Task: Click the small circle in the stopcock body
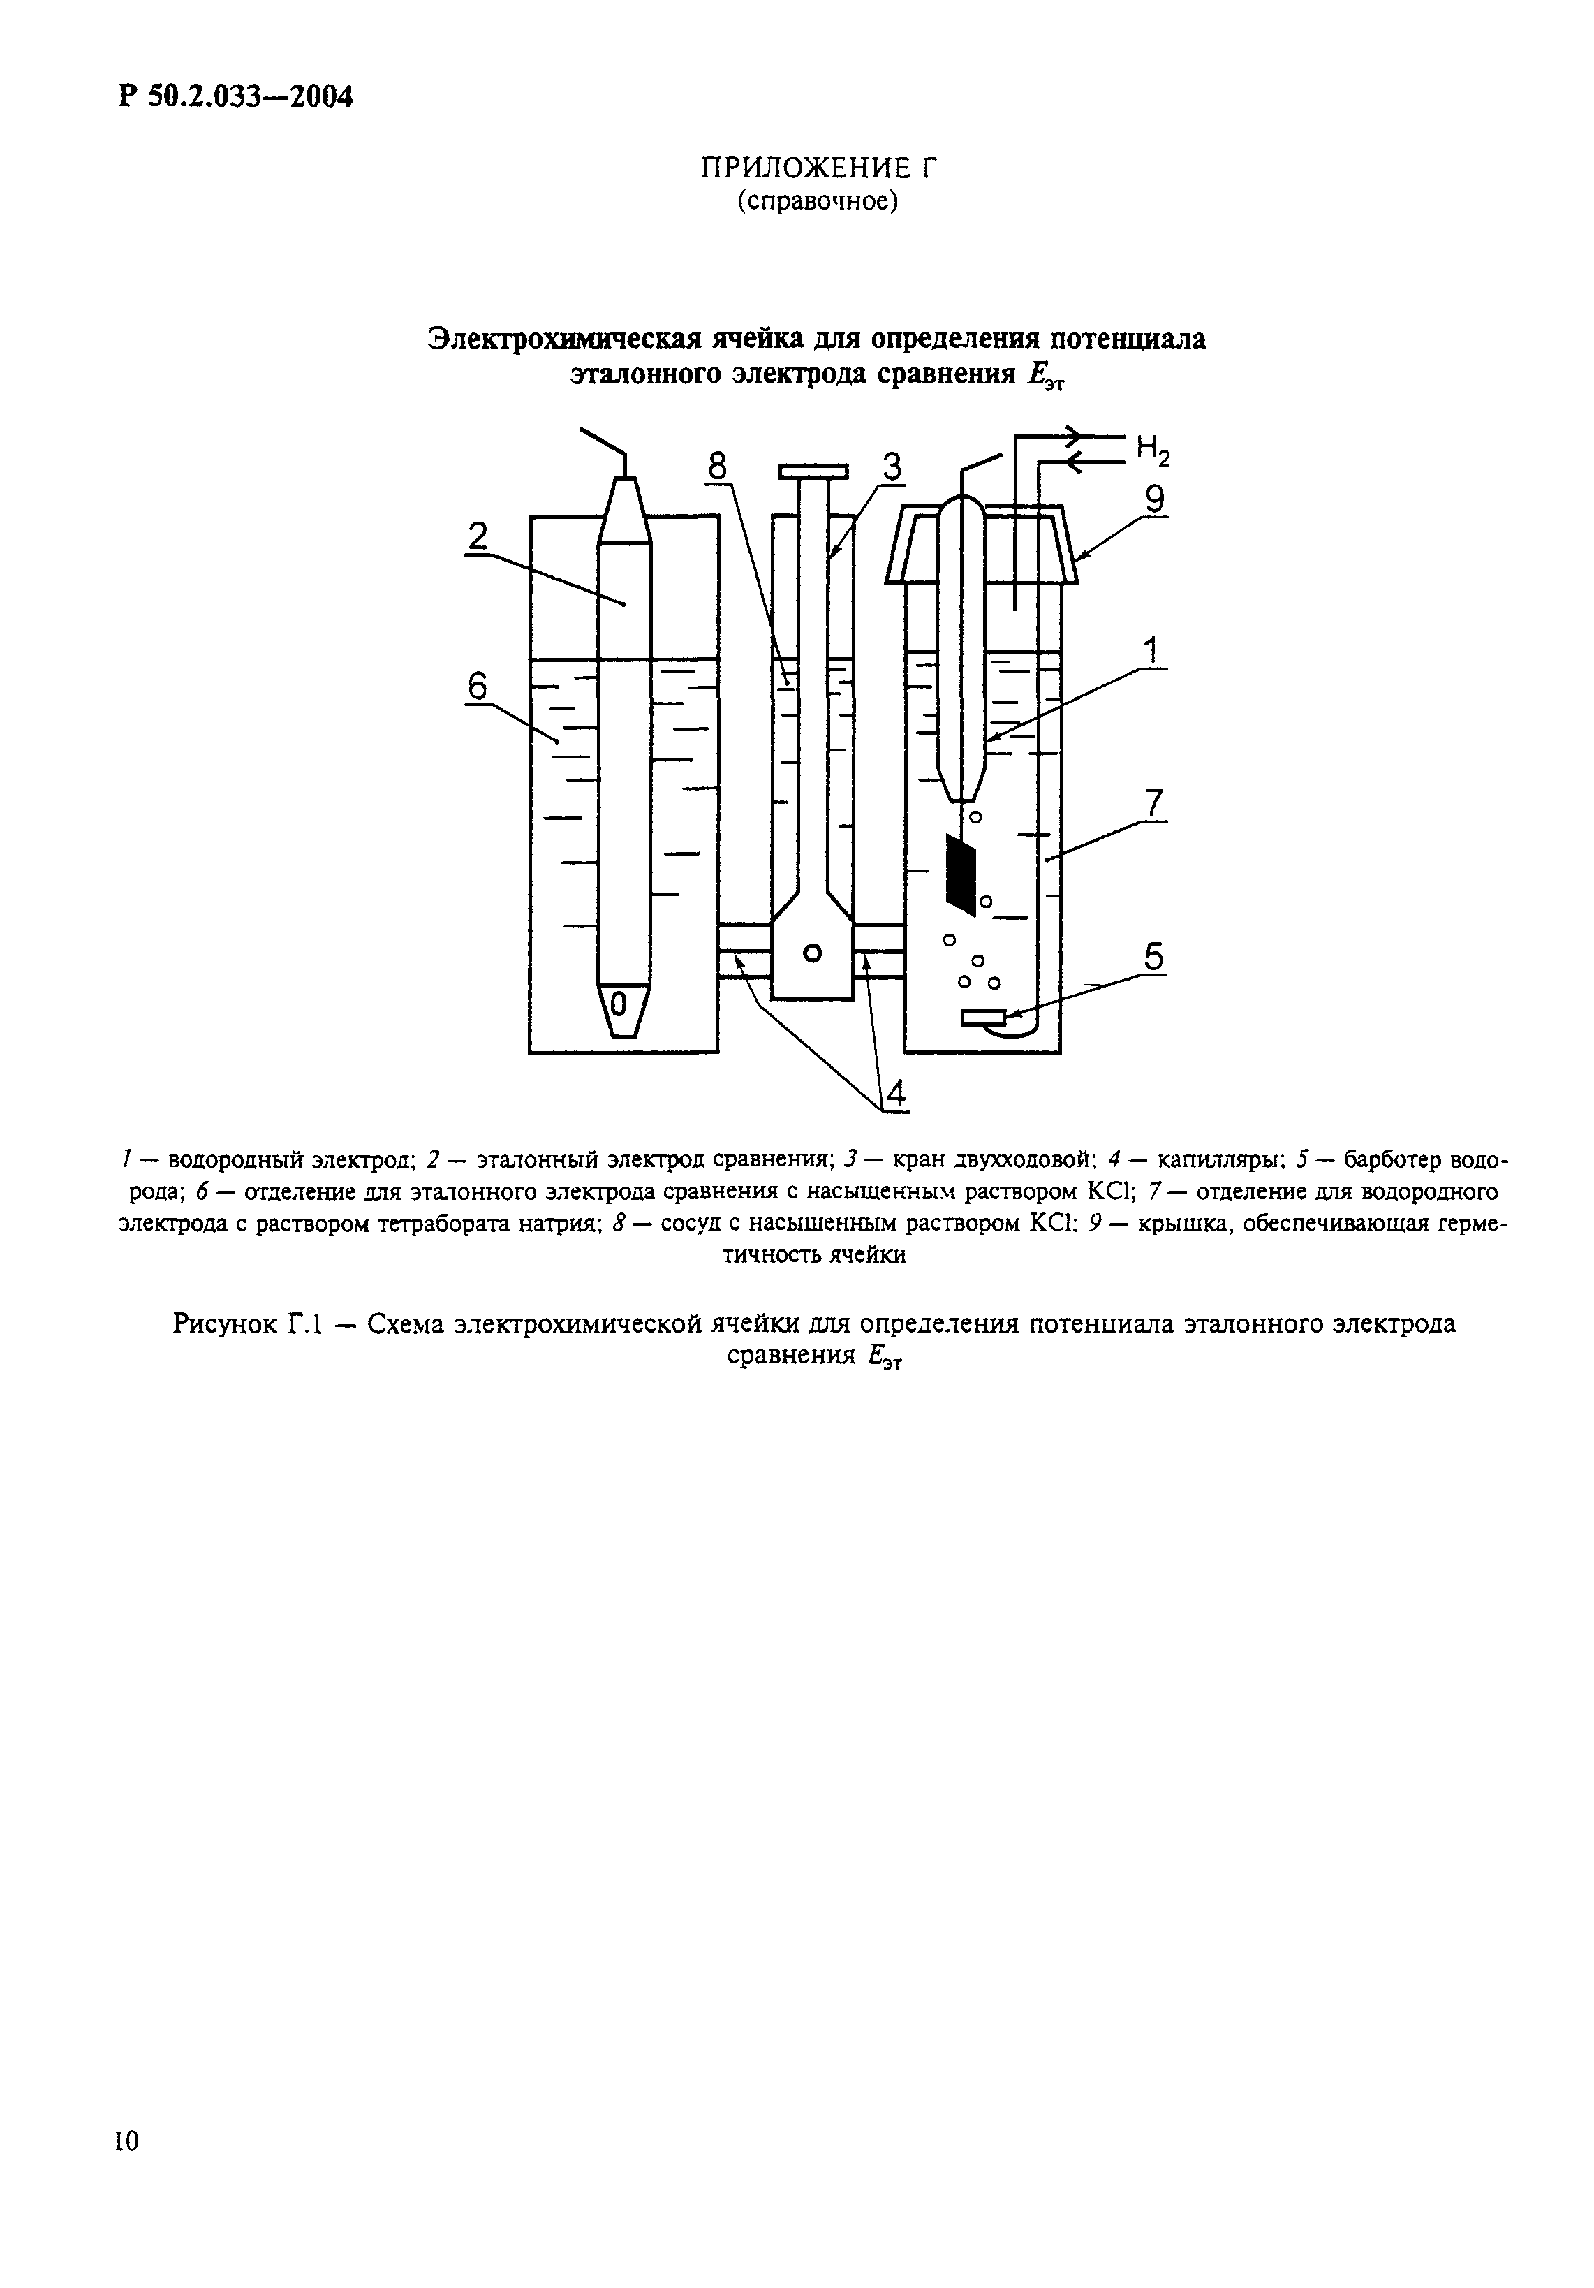(813, 953)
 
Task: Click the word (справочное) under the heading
(818, 201)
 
